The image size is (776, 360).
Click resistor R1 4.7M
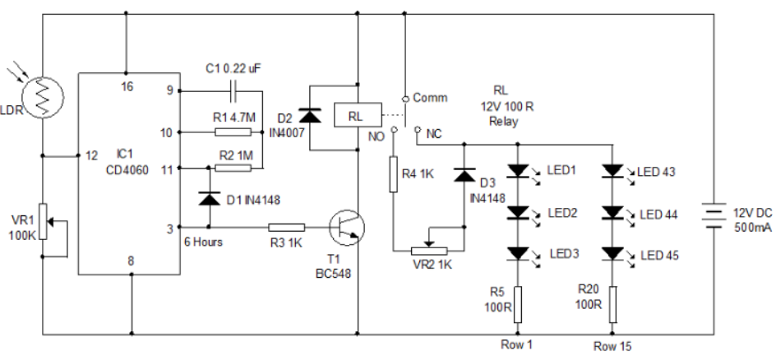[233, 132]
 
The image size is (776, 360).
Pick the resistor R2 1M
[233, 168]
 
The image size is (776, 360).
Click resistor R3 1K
[287, 226]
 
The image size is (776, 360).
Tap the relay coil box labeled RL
[356, 116]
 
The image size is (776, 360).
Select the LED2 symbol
[516, 213]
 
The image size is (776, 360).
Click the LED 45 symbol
[613, 254]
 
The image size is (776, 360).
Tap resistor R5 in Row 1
[516, 302]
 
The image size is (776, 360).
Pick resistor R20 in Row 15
[613, 302]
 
